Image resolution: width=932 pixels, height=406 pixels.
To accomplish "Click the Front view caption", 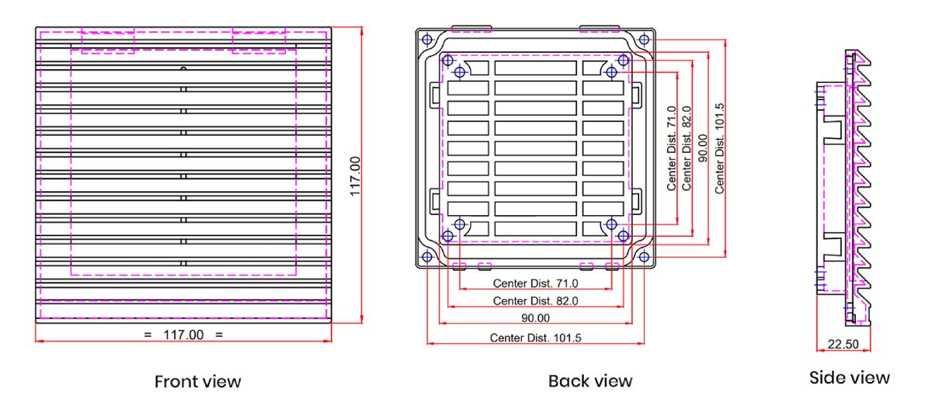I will pos(197,381).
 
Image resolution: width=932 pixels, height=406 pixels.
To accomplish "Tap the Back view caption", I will pos(590,381).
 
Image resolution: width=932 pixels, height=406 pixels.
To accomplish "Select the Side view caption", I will pos(849,378).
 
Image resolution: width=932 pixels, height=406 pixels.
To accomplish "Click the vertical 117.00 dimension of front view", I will pos(355,176).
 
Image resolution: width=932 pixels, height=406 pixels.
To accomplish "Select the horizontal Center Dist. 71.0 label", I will pos(536,283).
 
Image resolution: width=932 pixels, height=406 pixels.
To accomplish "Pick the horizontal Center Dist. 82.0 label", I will pos(536,300).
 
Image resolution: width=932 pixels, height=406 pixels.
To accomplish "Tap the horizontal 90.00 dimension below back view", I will pos(535,318).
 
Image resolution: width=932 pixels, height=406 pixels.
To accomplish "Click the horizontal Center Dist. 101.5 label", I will pos(535,337).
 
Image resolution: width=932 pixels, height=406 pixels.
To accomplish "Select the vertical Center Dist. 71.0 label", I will pos(672,148).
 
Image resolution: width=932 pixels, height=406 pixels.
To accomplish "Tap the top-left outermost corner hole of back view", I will pos(425,39).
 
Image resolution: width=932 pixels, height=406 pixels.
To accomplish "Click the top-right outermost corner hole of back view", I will pos(644,39).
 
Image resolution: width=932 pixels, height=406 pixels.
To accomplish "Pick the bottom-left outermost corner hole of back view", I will pos(425,257).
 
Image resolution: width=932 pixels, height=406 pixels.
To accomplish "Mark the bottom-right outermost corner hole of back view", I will pos(644,257).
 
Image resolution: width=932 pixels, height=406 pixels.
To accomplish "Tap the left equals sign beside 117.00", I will pos(148,335).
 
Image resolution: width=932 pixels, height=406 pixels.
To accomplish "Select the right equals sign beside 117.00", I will pos(219,335).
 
